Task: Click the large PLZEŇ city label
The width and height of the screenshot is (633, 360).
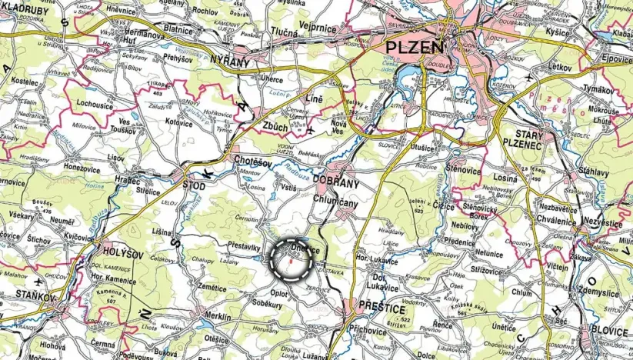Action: click(414, 48)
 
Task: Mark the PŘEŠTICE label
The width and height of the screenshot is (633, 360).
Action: click(381, 308)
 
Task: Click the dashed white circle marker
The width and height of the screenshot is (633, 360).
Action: click(292, 260)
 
